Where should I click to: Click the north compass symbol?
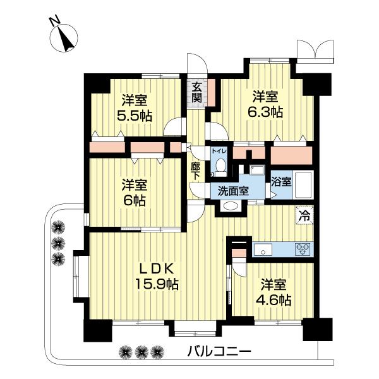(63, 35)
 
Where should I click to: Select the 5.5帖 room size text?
(135, 116)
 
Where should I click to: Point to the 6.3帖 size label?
(265, 112)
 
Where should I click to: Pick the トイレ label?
(219, 152)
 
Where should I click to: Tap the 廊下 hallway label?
(195, 171)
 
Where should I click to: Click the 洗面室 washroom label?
(233, 191)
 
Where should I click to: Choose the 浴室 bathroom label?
(281, 181)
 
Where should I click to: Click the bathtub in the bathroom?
(303, 185)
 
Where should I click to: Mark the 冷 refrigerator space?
(304, 216)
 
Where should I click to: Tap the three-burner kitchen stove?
(303, 249)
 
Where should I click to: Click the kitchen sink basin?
(263, 250)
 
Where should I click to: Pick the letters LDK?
(157, 268)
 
